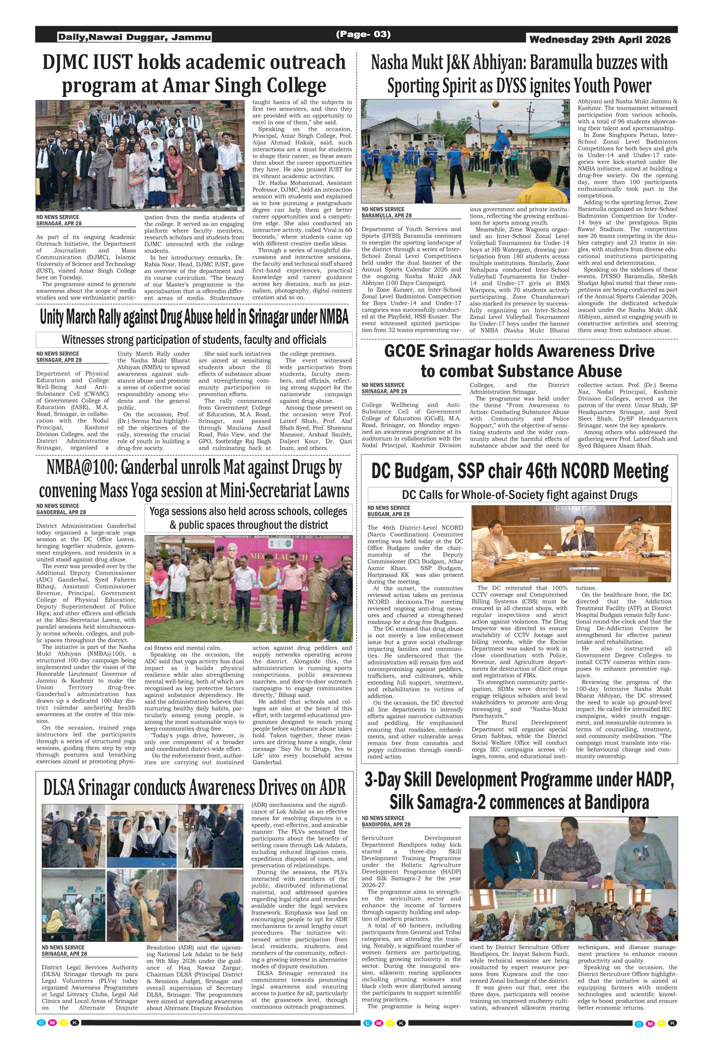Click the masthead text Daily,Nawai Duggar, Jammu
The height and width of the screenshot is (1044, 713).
point(135,37)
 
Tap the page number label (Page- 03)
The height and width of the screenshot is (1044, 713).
point(363,34)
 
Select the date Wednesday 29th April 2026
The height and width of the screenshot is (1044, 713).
point(600,39)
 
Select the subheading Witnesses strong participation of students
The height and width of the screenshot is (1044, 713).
point(194,339)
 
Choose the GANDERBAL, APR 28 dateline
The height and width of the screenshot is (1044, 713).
point(61,512)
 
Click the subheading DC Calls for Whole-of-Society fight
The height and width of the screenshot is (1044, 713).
point(520,495)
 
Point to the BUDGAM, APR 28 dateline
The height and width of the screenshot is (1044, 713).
point(388,514)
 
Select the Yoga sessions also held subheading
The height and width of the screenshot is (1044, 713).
point(248,518)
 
